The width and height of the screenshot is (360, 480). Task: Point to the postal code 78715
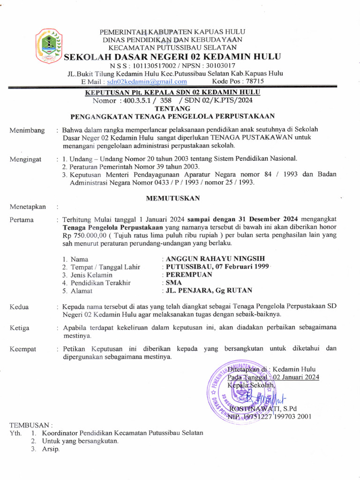[254, 81]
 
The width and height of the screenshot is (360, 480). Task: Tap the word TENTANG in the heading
[172, 108]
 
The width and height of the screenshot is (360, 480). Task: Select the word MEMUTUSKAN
[172, 198]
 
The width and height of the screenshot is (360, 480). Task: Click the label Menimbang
[27, 130]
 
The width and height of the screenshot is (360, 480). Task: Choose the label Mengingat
[27, 159]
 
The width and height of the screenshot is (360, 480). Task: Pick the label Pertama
[22, 219]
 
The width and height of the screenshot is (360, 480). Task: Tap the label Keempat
[23, 349]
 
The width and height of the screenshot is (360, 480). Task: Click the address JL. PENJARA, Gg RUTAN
[208, 291]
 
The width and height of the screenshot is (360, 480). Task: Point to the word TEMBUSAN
[31, 425]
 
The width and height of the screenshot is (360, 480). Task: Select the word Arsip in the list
[51, 449]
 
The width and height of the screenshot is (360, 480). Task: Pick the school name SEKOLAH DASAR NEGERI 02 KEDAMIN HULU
[172, 57]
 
